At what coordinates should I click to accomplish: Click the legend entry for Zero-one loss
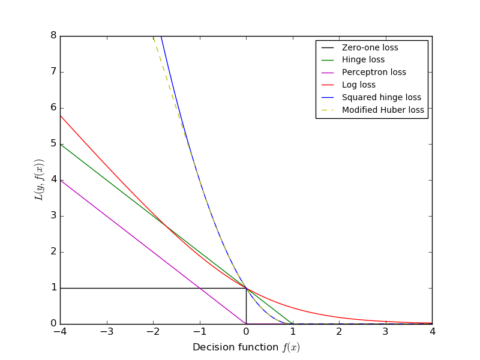tap(370, 47)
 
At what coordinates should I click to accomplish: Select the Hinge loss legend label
tap(363, 60)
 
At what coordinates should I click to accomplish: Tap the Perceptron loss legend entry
tap(374, 73)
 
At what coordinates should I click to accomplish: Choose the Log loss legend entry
tap(359, 85)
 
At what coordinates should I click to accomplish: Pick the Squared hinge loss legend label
tap(381, 97)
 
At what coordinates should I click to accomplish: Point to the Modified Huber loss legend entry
tap(383, 110)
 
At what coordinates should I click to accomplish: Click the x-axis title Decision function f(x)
tap(246, 347)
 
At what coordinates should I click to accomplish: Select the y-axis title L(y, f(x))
tap(39, 180)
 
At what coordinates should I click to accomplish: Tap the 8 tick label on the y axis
tap(53, 36)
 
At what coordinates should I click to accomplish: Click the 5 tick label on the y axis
tap(53, 144)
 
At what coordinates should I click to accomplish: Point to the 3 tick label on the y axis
tap(53, 216)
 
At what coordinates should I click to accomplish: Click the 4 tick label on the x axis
tap(432, 332)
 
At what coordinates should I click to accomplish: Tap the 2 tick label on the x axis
tap(339, 332)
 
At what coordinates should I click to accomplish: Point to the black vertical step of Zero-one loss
tap(246, 306)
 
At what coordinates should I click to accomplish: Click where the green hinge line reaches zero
tap(292, 324)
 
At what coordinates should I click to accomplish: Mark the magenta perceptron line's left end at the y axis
tap(61, 180)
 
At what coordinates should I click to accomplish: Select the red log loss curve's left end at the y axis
tap(61, 115)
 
